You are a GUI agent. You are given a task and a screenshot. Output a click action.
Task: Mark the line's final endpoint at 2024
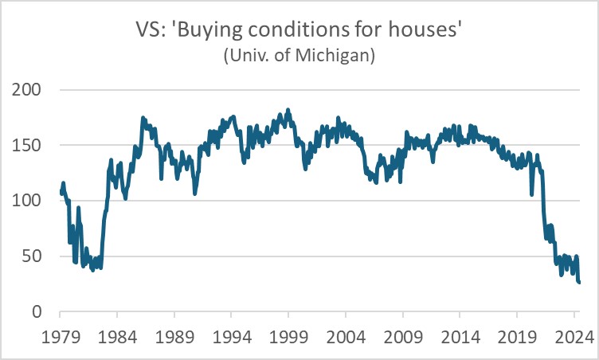[x=579, y=282]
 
